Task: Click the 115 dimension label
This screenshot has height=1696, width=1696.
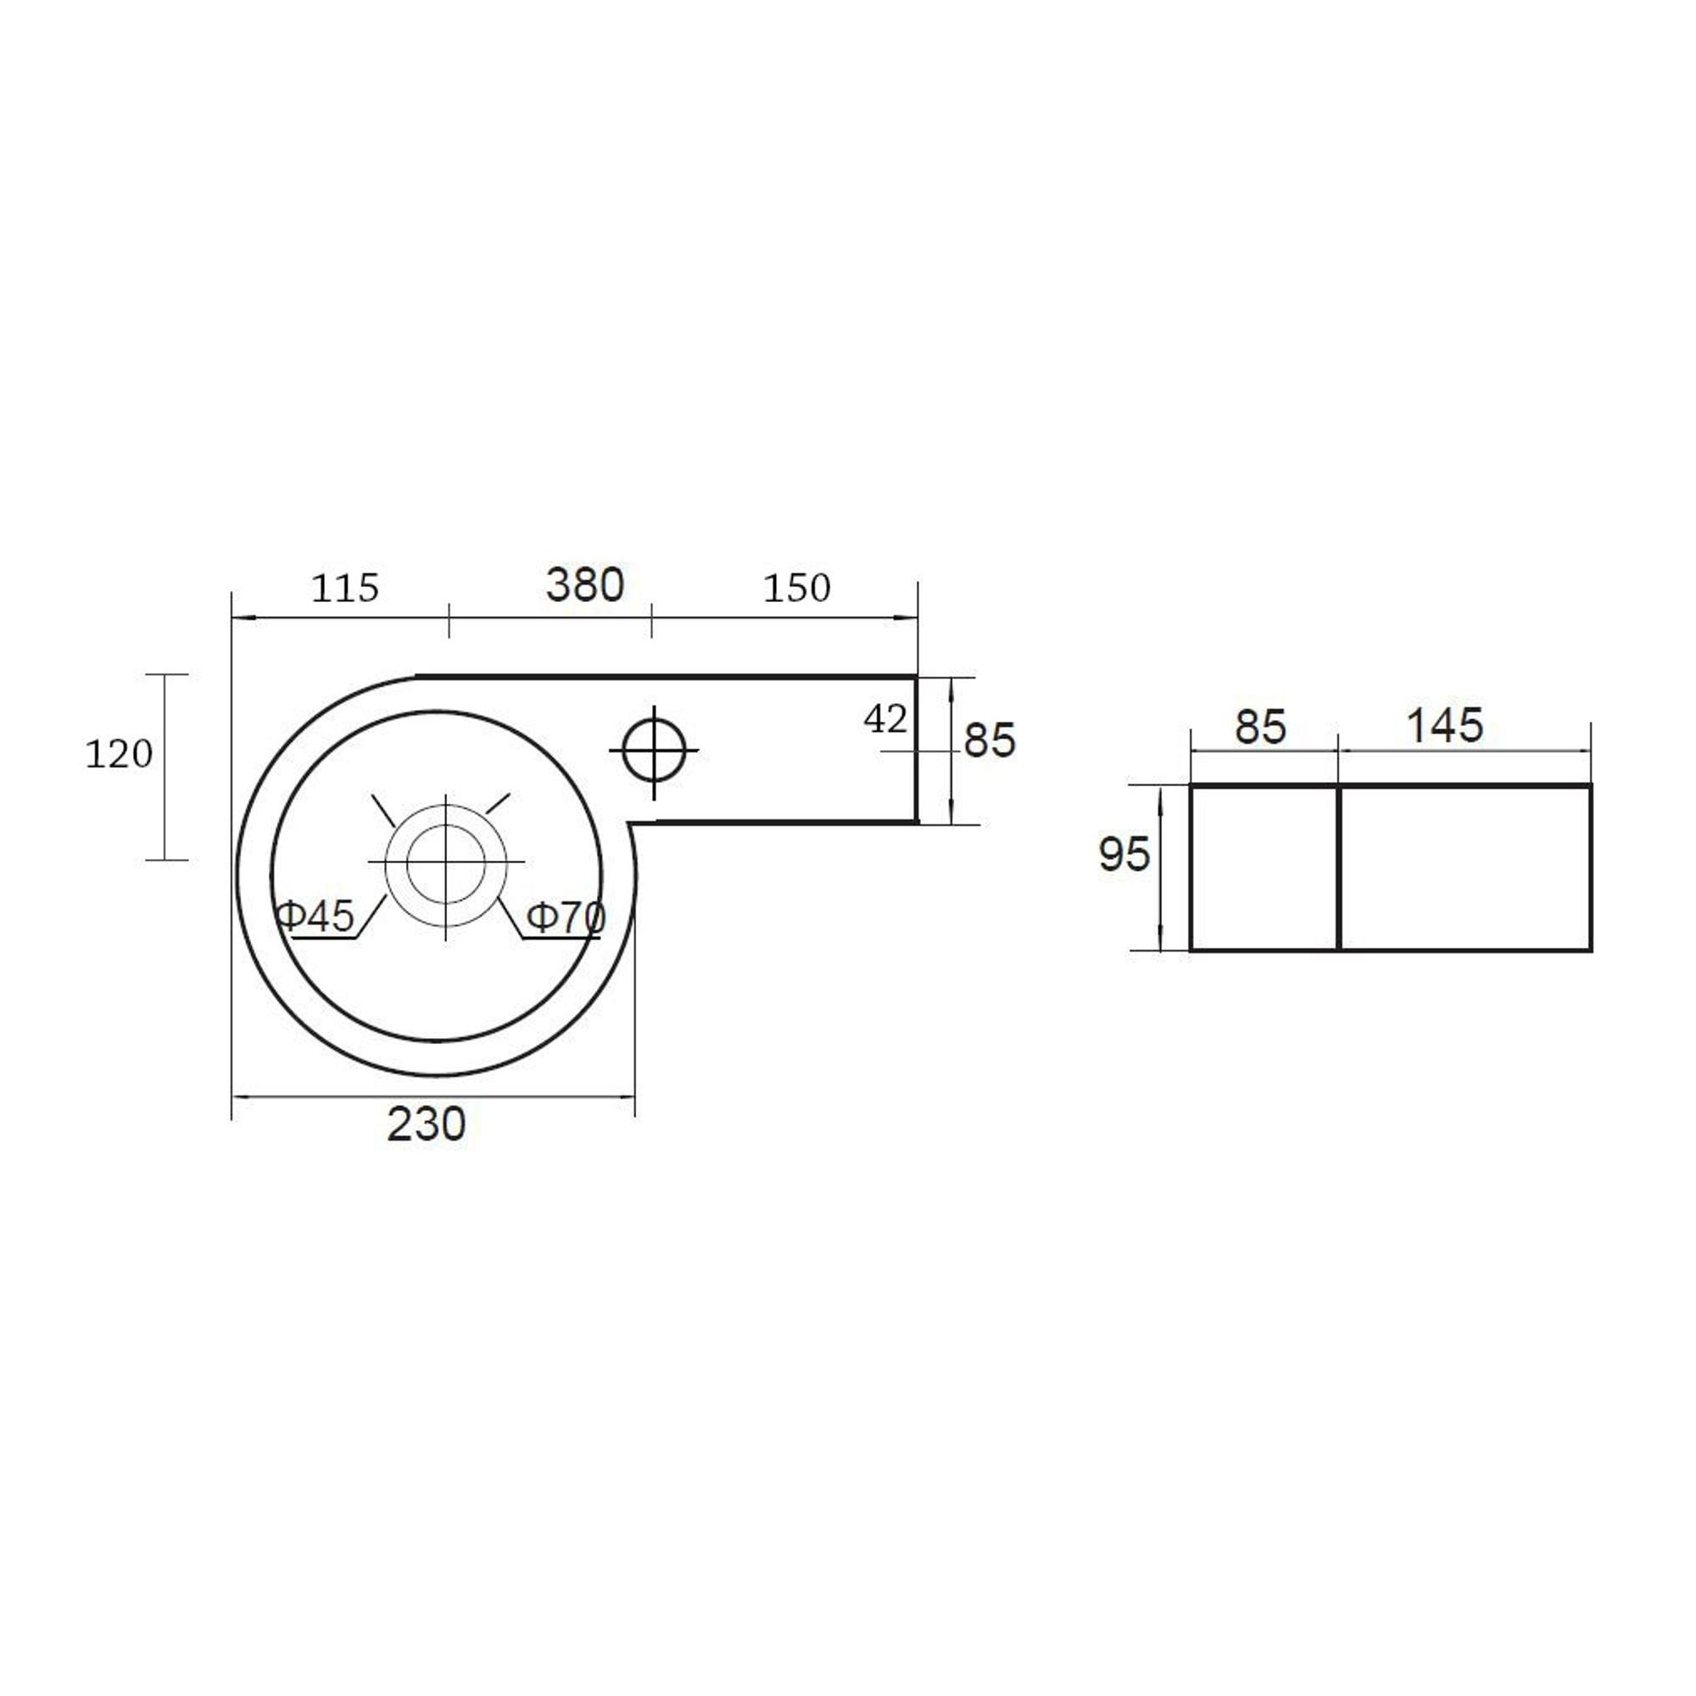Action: pos(345,589)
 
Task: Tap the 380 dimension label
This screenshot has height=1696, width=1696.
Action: pos(584,584)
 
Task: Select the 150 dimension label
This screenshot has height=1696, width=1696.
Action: pos(796,589)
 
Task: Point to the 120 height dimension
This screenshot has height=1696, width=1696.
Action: pos(119,754)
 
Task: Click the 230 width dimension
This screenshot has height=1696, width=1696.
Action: pos(427,1124)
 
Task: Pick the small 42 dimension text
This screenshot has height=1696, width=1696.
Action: pos(884,720)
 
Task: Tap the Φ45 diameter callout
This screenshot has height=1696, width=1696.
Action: pos(315,917)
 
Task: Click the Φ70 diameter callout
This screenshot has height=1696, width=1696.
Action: pos(566,918)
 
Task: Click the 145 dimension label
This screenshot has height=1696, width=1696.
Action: pos(1445,726)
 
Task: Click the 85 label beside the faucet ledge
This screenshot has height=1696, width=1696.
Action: pos(990,740)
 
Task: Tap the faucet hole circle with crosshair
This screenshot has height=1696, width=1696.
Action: pos(654,750)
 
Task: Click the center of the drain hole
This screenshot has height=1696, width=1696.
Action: pos(446,863)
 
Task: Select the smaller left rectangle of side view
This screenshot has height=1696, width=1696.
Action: pos(1264,868)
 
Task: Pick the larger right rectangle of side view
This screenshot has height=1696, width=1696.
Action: pos(1465,868)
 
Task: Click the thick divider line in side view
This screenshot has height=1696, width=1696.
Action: pos(1339,868)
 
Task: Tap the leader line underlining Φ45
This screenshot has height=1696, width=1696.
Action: pos(325,940)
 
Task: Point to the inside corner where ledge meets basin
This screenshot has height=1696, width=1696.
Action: pos(631,823)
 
